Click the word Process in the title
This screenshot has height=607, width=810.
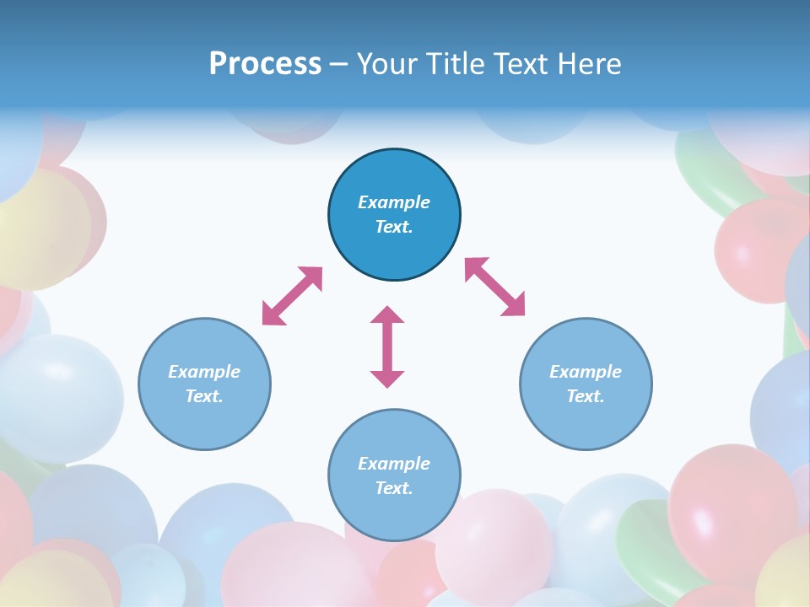point(265,64)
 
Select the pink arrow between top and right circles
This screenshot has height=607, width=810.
point(494,287)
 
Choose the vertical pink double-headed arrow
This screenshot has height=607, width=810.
point(387,346)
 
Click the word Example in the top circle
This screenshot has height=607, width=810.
point(394,202)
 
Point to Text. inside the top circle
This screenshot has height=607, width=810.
point(394,227)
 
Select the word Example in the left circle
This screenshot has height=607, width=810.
point(204,372)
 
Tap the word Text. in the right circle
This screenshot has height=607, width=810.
point(586,396)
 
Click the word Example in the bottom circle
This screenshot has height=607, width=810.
point(394,464)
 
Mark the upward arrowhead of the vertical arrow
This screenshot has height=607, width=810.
point(387,314)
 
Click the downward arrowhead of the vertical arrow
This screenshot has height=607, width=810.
point(387,379)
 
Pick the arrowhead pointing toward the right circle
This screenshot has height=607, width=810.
point(514,305)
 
